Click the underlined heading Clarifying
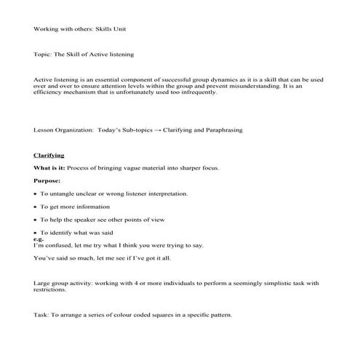coord(49,155)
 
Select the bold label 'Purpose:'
coord(47,180)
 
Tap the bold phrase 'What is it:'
coord(51,168)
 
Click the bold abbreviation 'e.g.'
coord(39,239)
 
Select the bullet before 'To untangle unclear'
coord(36,194)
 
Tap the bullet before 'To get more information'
coord(36,207)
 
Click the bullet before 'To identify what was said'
coord(36,232)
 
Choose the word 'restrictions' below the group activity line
coord(52,289)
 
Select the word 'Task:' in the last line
coord(42,314)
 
